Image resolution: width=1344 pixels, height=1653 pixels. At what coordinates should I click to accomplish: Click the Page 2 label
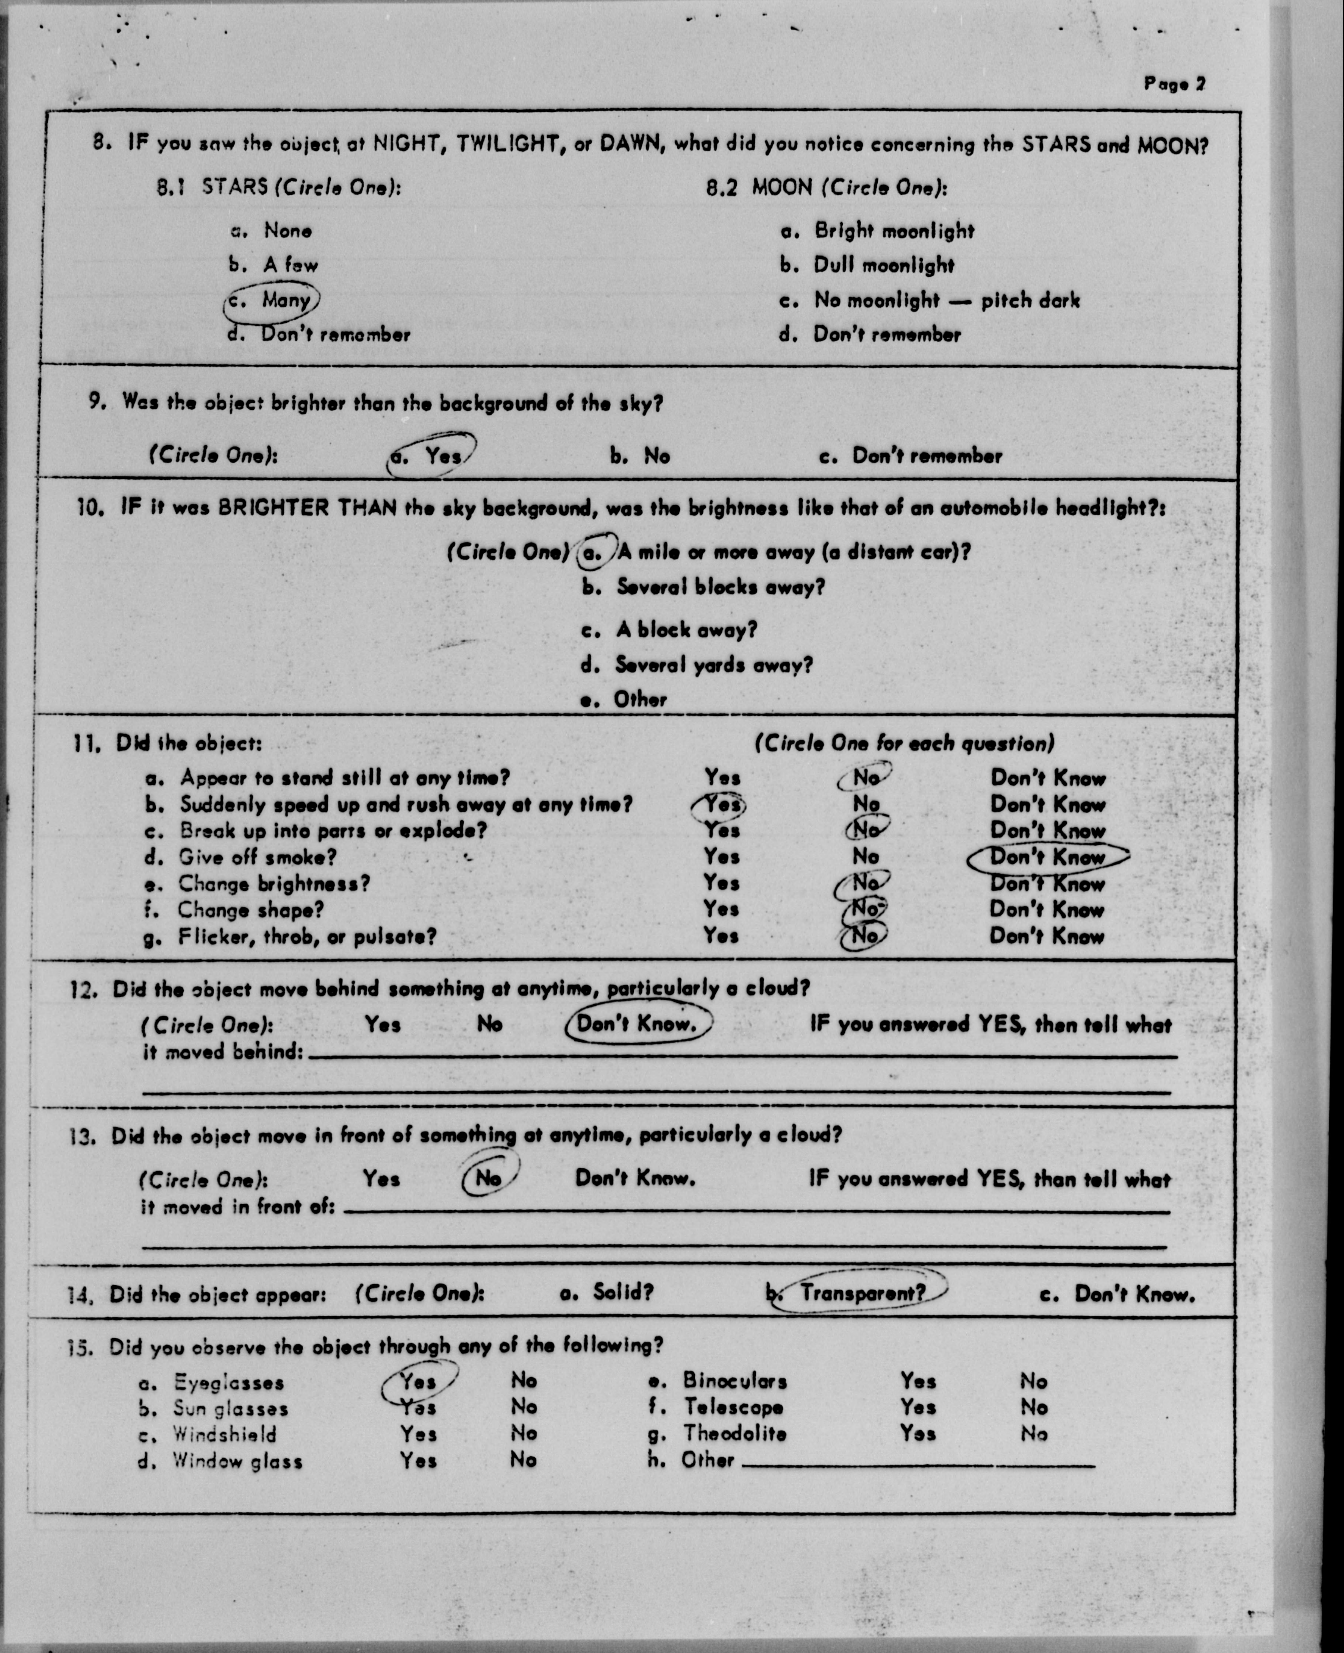1174,84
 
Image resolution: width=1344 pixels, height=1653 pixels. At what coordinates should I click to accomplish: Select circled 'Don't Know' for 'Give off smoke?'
1047,857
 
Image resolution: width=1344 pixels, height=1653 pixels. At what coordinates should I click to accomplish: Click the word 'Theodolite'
734,1434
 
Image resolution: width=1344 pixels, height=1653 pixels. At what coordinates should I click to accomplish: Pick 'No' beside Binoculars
1033,1381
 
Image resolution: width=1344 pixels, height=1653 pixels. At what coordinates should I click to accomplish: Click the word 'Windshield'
224,1434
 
